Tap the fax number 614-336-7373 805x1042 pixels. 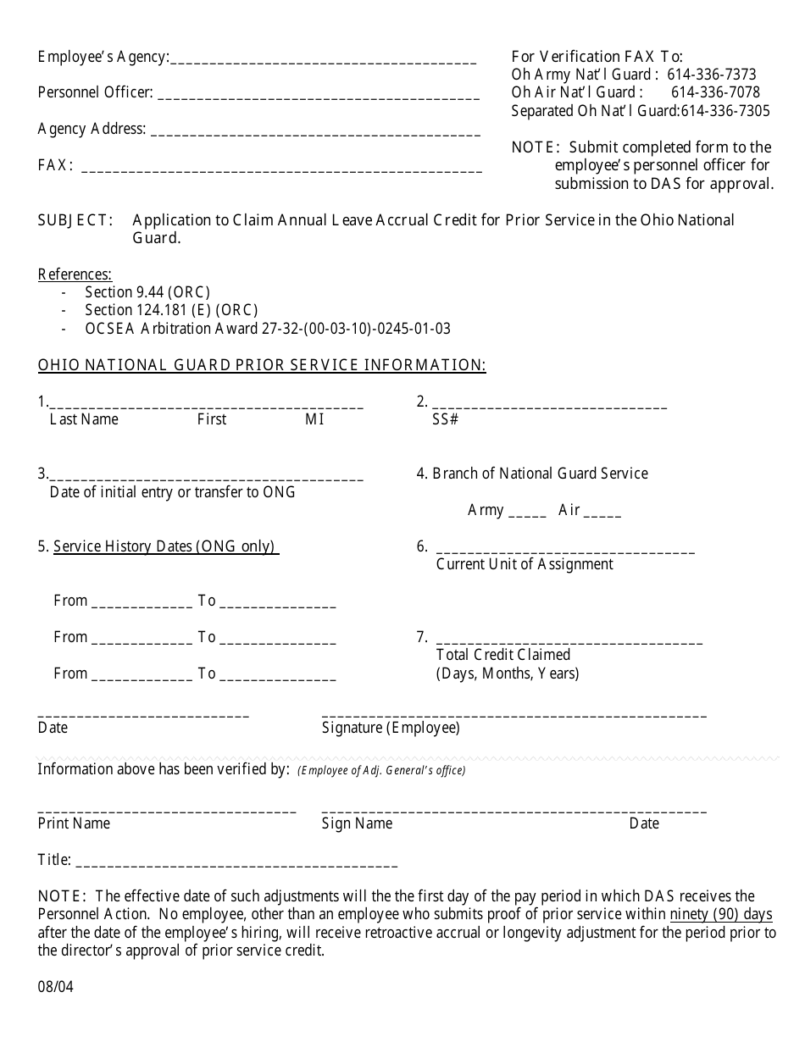coord(711,75)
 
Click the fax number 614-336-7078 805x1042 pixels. coord(715,92)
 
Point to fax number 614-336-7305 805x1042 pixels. coord(725,111)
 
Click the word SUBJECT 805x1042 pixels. coord(75,220)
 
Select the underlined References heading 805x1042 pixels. coord(75,274)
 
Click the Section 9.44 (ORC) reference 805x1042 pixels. coord(147,292)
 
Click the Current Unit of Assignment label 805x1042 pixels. coord(525,564)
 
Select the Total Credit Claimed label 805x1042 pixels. coord(503,655)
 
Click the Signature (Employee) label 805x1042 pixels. coord(391,728)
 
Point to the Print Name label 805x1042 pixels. coord(74,823)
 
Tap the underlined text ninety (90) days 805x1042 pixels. coord(721,915)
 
